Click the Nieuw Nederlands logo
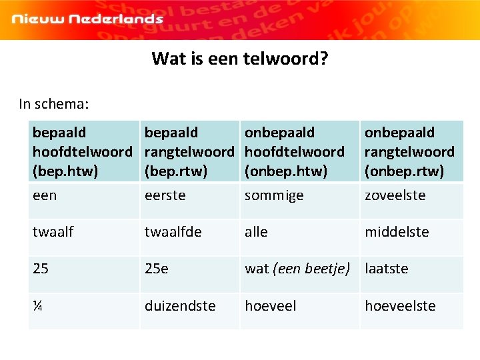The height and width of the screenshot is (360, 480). point(87,19)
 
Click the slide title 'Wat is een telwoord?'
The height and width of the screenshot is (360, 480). point(239,59)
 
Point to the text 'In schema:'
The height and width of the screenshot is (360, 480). point(54,104)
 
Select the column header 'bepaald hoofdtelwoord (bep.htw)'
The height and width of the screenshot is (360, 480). point(82,152)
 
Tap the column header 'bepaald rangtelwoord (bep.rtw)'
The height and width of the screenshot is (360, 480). point(189,152)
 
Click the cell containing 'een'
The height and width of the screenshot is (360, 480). point(45,195)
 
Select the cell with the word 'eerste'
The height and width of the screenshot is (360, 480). point(165,195)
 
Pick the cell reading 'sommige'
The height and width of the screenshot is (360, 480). point(273,195)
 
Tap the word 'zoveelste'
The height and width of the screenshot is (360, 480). point(395,195)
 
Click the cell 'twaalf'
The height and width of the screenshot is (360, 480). point(53,232)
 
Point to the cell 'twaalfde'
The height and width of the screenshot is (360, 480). point(172,232)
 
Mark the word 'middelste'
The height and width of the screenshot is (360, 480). point(396,232)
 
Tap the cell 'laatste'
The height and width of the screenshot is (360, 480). point(386,269)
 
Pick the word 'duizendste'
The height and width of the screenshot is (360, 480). point(180,306)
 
